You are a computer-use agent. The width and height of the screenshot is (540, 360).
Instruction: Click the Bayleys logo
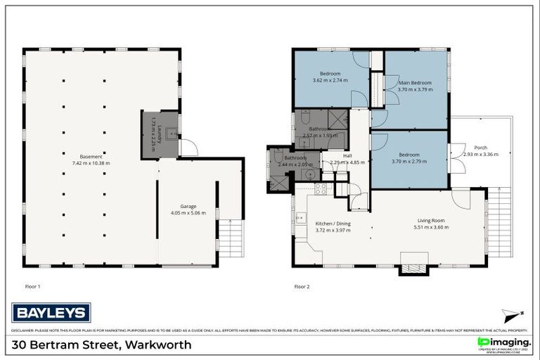51,312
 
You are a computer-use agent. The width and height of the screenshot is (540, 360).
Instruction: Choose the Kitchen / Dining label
333,224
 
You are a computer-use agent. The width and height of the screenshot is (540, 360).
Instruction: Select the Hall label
347,156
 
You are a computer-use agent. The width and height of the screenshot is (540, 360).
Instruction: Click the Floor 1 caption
32,286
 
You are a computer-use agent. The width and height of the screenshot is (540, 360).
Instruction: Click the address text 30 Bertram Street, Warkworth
101,345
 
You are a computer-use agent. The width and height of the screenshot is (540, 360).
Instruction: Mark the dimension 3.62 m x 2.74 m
330,79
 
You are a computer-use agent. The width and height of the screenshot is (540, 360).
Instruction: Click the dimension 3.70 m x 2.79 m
409,161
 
